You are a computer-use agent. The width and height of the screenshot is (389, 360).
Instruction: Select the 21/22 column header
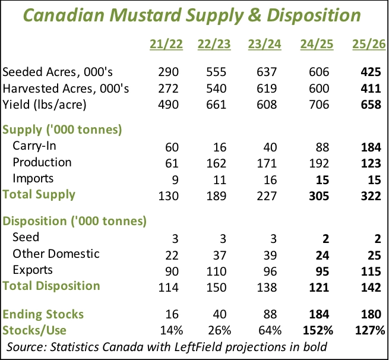click(x=164, y=45)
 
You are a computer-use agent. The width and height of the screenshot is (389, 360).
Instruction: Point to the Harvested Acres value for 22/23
click(x=220, y=89)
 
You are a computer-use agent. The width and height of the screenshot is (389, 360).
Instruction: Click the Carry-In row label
click(x=37, y=146)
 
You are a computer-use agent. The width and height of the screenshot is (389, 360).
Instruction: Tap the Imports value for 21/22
click(x=172, y=179)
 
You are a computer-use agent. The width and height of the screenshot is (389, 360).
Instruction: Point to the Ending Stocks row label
click(x=43, y=314)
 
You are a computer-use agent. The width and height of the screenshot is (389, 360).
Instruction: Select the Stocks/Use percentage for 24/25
click(x=318, y=330)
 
